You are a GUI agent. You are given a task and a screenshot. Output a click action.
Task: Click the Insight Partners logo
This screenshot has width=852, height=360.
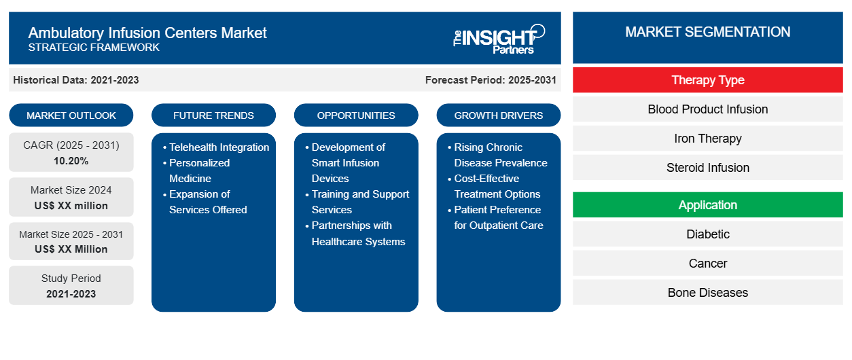click(x=499, y=39)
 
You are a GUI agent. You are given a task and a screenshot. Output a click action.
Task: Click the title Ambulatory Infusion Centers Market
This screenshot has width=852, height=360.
click(x=147, y=33)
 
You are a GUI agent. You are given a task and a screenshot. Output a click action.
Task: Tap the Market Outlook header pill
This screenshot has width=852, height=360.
click(x=71, y=115)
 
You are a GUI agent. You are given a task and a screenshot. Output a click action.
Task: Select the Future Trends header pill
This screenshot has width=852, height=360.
click(x=213, y=115)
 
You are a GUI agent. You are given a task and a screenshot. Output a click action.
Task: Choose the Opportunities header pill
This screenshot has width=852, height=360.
click(x=356, y=115)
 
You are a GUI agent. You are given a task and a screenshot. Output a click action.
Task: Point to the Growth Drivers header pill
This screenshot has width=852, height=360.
click(x=499, y=115)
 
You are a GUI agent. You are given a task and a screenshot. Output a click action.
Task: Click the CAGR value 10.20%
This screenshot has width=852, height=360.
click(x=71, y=161)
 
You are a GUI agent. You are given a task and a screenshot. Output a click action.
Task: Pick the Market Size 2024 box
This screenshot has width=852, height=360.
click(x=71, y=198)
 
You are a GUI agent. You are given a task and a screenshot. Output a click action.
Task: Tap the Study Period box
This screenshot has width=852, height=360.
click(x=71, y=286)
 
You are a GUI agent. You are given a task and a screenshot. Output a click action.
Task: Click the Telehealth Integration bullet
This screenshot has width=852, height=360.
click(x=219, y=147)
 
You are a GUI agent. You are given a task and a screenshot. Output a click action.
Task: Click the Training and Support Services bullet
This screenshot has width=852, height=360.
click(x=360, y=202)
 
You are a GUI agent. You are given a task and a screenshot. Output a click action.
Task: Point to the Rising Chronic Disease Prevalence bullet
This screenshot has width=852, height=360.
click(x=500, y=155)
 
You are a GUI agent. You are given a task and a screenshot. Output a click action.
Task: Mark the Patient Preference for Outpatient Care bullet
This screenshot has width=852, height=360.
click(x=497, y=217)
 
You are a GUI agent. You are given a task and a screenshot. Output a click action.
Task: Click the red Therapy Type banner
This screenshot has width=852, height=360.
click(x=707, y=80)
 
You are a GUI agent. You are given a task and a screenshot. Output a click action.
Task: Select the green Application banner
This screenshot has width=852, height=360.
click(x=707, y=205)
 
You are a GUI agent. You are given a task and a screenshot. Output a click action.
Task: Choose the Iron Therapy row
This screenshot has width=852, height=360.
click(x=707, y=139)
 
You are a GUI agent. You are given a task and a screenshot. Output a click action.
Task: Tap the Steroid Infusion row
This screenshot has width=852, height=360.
click(x=707, y=168)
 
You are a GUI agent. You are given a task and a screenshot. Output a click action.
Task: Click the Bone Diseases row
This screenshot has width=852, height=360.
click(x=707, y=293)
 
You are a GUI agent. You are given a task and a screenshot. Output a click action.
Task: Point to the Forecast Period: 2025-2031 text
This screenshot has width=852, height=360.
click(x=491, y=80)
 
